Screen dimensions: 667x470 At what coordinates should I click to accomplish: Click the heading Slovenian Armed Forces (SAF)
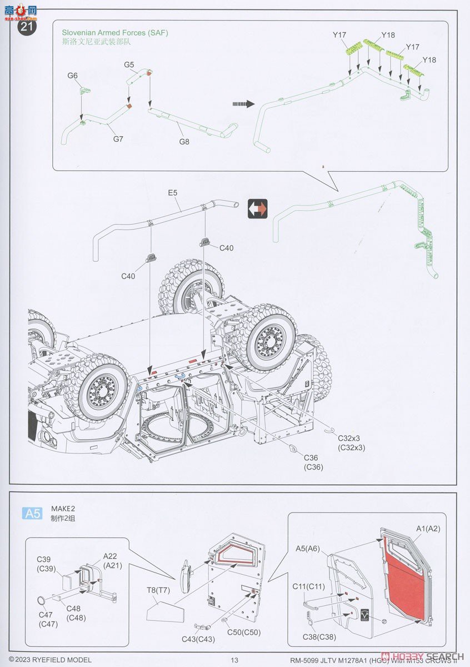pos(114,33)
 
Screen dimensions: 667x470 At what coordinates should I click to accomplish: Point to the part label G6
pos(73,76)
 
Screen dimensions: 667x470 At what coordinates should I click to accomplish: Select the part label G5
pos(129,65)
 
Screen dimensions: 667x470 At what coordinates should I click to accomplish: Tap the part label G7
pos(118,139)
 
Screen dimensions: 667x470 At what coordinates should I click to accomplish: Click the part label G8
pos(184,142)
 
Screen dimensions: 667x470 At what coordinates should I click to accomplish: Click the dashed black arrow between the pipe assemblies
pos(243,104)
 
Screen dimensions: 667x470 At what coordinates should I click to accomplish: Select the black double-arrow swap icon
pos(257,209)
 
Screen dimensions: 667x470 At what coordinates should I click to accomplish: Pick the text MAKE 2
pos(63,508)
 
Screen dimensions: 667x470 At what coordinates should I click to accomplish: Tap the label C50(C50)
pos(243,632)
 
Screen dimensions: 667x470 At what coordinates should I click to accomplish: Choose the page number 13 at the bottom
pos(234,660)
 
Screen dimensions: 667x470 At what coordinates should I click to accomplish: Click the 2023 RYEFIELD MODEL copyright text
pos(50,660)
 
